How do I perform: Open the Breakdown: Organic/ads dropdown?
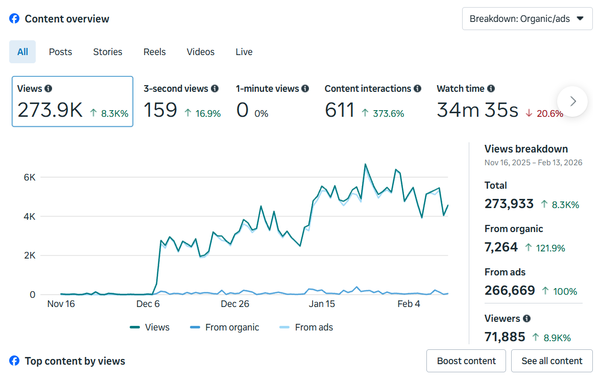(x=527, y=19)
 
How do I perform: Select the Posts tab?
(x=60, y=52)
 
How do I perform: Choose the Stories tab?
(x=108, y=52)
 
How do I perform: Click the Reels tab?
(x=154, y=52)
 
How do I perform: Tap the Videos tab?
(x=201, y=52)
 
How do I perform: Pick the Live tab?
(x=244, y=52)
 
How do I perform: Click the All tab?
(x=22, y=52)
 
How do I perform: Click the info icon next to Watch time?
(x=491, y=89)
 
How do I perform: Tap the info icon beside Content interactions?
(x=417, y=89)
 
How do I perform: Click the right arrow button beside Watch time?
(x=572, y=101)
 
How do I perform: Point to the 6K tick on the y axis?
(x=30, y=177)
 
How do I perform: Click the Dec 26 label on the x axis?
(x=235, y=304)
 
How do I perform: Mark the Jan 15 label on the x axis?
(x=322, y=304)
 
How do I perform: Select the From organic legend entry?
(x=224, y=327)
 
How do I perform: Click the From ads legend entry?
(x=306, y=327)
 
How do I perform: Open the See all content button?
(x=551, y=361)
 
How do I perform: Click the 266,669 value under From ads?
(x=510, y=291)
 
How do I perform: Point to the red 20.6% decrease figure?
(x=548, y=113)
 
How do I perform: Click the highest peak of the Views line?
(x=366, y=164)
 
